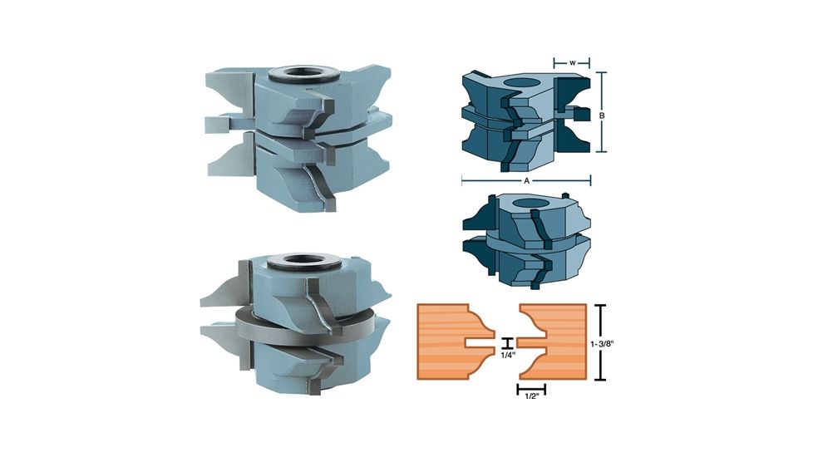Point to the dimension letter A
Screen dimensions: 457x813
[x=525, y=179]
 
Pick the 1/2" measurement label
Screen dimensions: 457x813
[x=531, y=400]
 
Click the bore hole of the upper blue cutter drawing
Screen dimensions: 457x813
[x=525, y=83]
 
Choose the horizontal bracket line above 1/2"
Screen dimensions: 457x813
[x=531, y=388]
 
